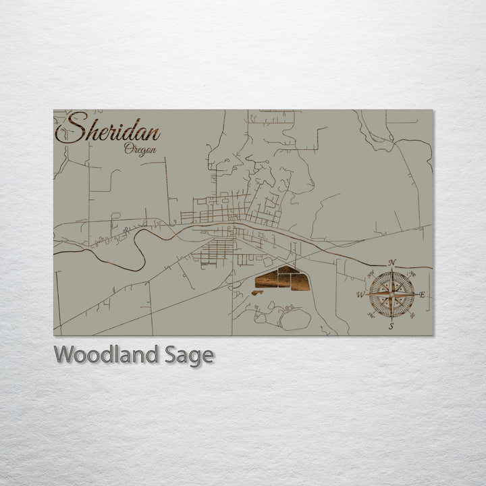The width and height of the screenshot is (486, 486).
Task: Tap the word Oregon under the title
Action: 140,149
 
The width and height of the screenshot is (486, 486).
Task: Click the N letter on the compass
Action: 393,263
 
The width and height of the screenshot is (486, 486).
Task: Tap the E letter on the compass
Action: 423,295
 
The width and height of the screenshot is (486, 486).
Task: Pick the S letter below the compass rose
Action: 391,327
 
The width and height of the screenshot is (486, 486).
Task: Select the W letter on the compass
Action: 360,295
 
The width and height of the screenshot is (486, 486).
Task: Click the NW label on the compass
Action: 371,274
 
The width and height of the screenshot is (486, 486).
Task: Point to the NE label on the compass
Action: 412,274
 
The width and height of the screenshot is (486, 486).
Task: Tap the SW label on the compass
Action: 371,315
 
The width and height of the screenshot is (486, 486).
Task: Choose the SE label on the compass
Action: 412,315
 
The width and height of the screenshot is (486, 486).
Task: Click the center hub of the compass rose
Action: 391,294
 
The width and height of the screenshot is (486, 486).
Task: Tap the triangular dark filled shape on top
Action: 288,270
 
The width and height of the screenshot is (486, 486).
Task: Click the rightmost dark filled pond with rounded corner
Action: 300,281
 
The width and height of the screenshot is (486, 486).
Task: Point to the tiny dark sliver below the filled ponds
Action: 258,293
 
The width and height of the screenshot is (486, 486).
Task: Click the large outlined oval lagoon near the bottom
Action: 295,319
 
